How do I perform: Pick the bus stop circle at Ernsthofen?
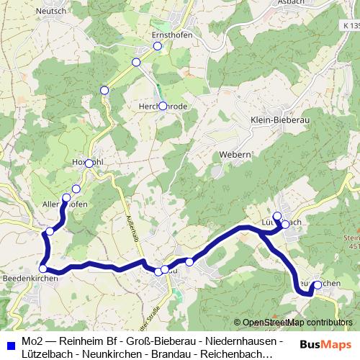click(157, 47)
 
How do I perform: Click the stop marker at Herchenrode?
click(163, 107)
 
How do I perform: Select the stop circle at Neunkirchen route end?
click(318, 285)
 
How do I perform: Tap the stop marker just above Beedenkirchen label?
click(43, 269)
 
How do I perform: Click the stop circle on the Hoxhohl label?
click(89, 163)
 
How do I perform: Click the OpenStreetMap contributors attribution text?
click(293, 323)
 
